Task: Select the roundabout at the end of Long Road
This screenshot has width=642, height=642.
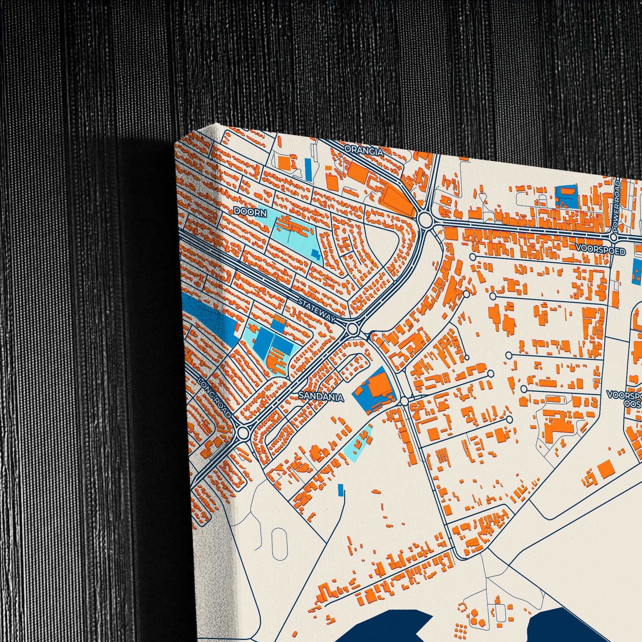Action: [243, 433]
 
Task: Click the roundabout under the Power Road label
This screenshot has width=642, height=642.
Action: [613, 237]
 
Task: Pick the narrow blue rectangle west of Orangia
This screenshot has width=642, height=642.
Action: [308, 170]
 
